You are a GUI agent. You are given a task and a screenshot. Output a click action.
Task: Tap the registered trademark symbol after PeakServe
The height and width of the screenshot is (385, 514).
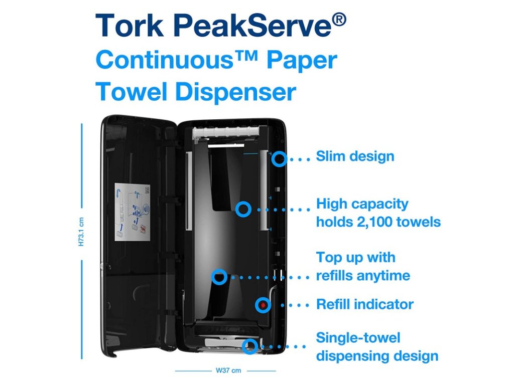pyautogui.click(x=338, y=21)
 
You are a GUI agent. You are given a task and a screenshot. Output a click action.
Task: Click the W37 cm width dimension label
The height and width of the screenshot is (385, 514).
pyautogui.click(x=225, y=371)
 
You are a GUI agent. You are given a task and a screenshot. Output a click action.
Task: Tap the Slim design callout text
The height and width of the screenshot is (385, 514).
pyautogui.click(x=355, y=156)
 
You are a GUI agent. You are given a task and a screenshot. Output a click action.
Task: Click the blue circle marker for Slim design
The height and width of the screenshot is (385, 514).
pyautogui.click(x=280, y=159)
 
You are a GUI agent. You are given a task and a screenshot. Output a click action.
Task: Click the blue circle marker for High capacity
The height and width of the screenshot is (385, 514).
pyautogui.click(x=243, y=209)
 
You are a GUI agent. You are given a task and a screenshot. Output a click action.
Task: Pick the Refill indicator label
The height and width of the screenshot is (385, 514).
pyautogui.click(x=365, y=304)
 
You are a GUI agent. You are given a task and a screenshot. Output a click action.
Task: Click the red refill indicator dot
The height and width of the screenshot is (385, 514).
pyautogui.click(x=263, y=304)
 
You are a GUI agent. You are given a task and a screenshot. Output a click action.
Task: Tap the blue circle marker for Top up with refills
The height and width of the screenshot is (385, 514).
pyautogui.click(x=219, y=276)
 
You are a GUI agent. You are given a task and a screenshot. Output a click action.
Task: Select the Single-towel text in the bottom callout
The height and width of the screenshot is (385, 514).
pyautogui.click(x=358, y=338)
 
